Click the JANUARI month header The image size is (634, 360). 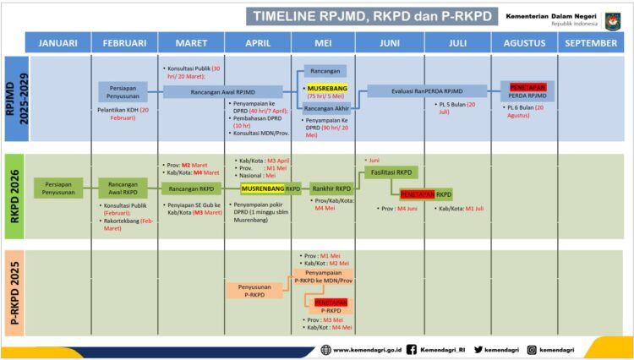coord(57,43)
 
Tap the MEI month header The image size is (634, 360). coord(322,43)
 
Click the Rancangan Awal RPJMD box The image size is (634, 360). coord(222,92)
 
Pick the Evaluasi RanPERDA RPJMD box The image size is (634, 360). coord(427,91)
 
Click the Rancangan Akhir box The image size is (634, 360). coord(325,107)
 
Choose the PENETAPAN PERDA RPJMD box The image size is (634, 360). coord(528,90)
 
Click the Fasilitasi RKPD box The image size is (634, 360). coord(391,172)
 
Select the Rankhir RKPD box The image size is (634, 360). coord(331,188)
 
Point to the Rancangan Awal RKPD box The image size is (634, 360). coord(123,188)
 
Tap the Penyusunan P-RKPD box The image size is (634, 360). coord(254,290)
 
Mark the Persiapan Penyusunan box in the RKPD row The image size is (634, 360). coord(58,188)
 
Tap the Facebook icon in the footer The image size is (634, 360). coord(412,349)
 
